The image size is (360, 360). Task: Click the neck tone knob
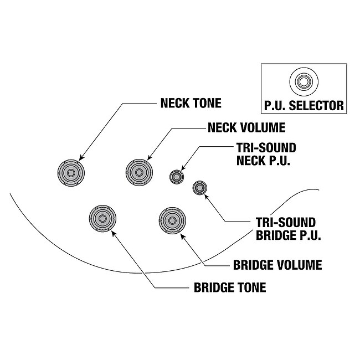71,172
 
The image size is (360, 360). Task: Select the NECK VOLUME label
246,127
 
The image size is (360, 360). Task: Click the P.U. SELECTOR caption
303,105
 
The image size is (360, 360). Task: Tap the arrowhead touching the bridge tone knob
114,232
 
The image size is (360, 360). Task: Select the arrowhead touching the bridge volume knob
182,235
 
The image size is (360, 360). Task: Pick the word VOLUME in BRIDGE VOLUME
300,265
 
